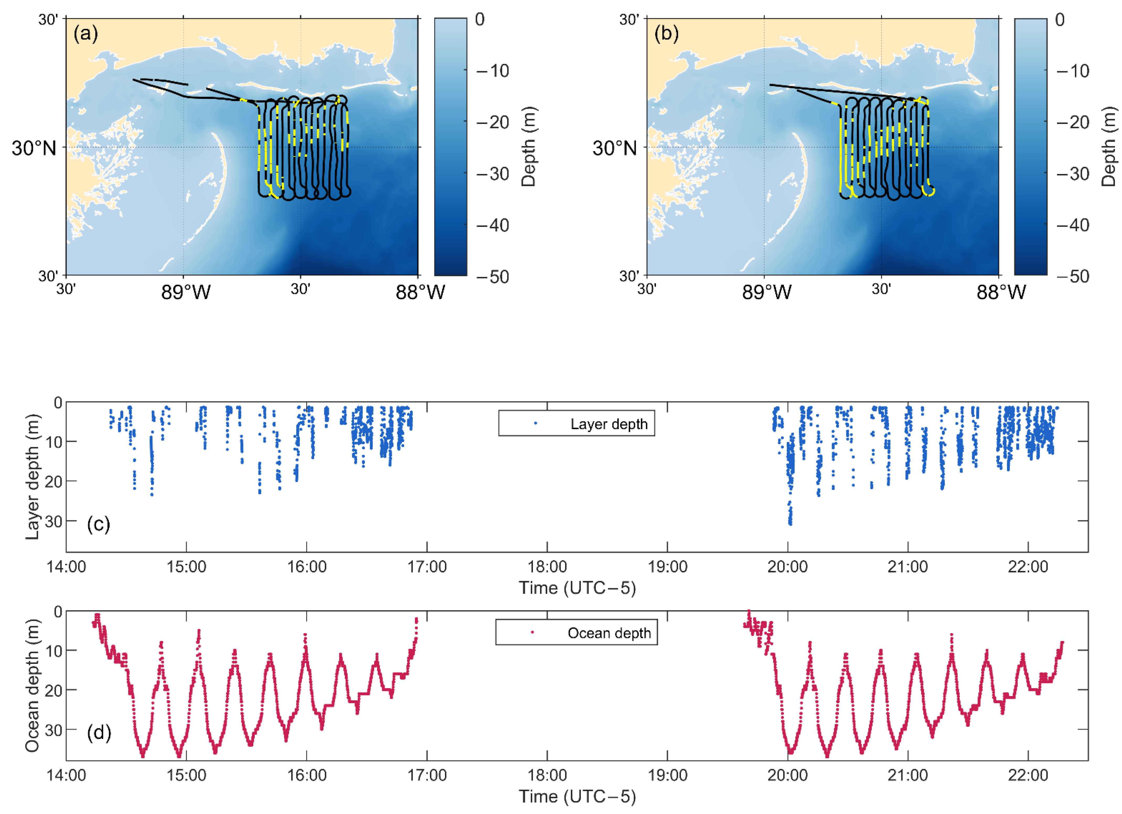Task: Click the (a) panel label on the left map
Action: [x=86, y=34]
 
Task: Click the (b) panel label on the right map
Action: [x=666, y=34]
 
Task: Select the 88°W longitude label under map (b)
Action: [x=1001, y=293]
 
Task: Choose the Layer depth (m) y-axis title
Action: [x=32, y=477]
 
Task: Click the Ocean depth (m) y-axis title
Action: [x=32, y=685]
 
